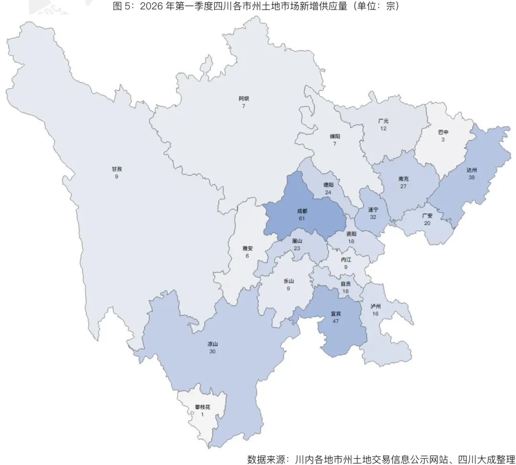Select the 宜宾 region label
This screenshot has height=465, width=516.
[x=336, y=314]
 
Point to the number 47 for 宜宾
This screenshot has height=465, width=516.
[x=336, y=321]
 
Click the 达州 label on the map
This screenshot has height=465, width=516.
[x=472, y=169]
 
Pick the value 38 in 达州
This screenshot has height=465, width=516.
[x=472, y=177]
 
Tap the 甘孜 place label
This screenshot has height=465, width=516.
[x=117, y=169]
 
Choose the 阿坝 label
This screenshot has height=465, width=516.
[x=244, y=98]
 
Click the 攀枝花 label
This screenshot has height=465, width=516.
[x=202, y=407]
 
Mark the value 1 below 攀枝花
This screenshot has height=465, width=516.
[x=202, y=414]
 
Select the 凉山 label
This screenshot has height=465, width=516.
[x=213, y=344]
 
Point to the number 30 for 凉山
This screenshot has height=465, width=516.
[x=213, y=351]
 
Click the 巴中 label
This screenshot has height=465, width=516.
[x=443, y=132]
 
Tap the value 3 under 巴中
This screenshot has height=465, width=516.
[x=443, y=139]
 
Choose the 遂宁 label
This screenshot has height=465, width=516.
[x=373, y=209]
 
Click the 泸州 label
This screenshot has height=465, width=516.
[x=376, y=306]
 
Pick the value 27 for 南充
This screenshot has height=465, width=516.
[x=403, y=186]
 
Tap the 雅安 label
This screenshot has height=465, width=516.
[x=247, y=248]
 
